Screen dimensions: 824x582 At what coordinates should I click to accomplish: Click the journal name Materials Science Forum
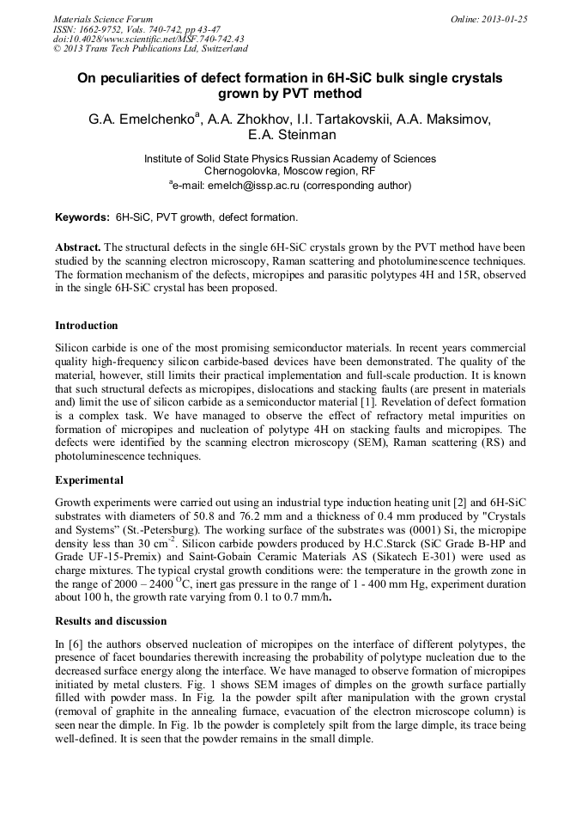(103, 19)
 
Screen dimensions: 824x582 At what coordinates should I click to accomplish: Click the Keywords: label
(82, 217)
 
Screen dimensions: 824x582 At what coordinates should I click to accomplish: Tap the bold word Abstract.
(78, 247)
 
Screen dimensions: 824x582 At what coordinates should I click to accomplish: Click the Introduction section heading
(87, 326)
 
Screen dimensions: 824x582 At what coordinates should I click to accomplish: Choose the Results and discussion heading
(111, 620)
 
